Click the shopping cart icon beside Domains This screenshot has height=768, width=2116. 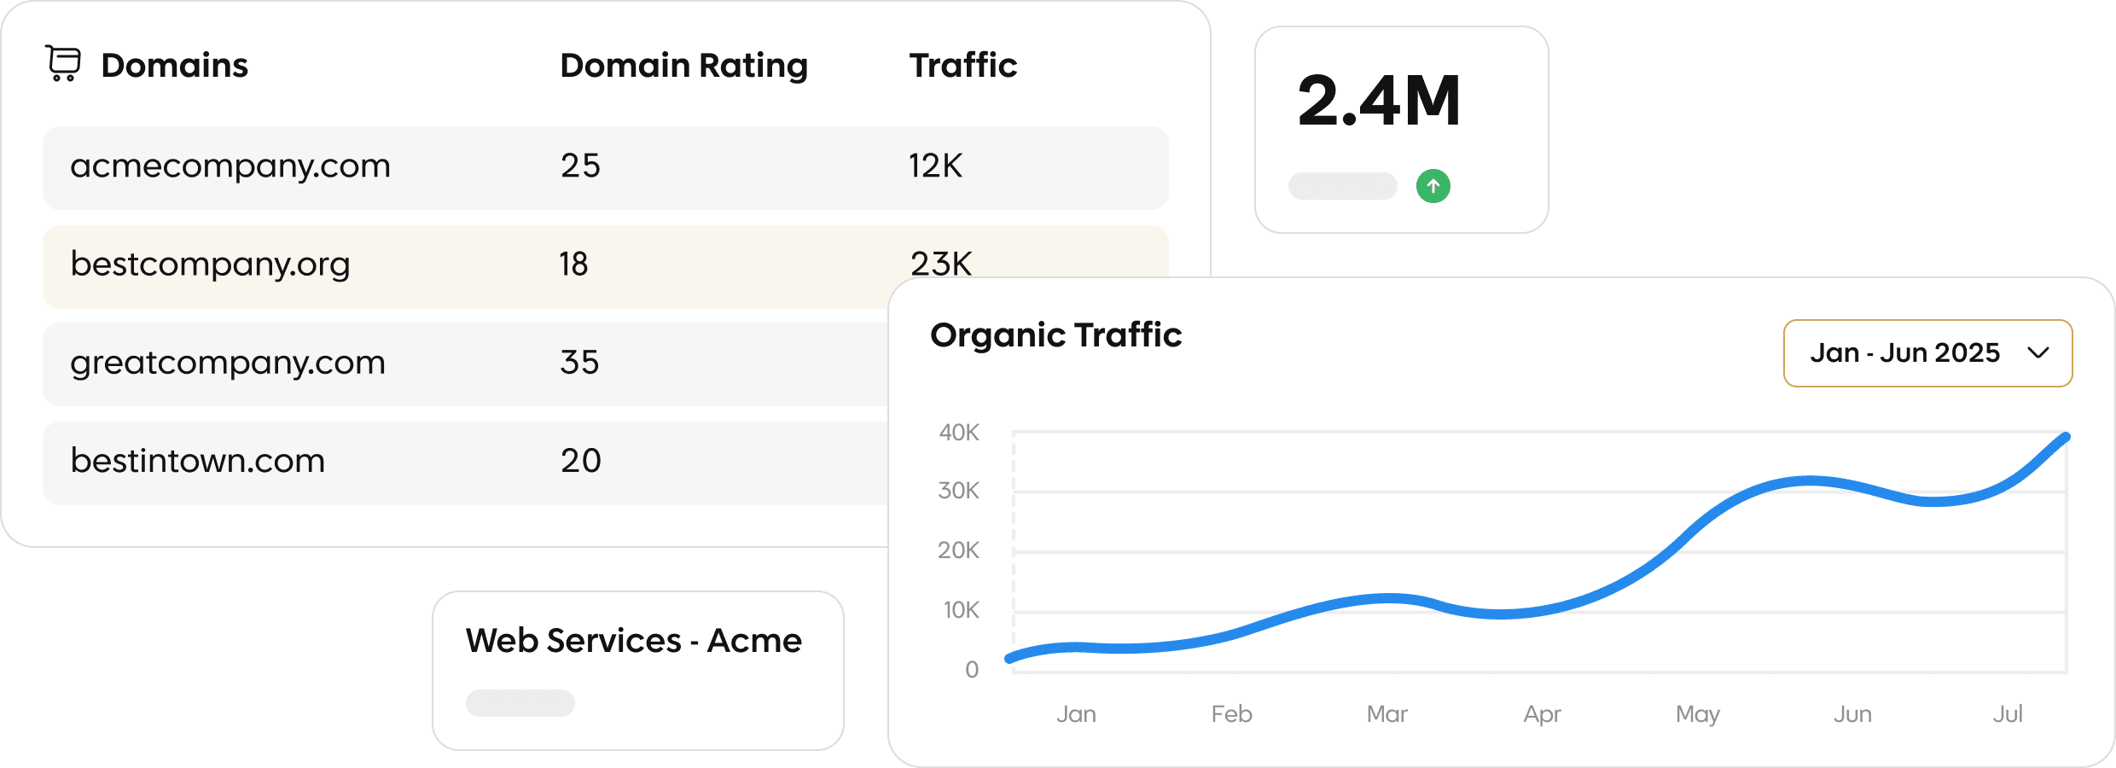coord(63,64)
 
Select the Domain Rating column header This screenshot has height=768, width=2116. coord(683,66)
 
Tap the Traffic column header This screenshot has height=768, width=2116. coord(962,66)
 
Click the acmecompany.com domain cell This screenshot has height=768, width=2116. coord(230,166)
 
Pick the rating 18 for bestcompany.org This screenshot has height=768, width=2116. coord(573,265)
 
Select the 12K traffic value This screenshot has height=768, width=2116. coord(935,166)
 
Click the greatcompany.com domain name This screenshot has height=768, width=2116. coord(228,363)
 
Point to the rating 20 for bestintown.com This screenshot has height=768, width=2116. coord(580,461)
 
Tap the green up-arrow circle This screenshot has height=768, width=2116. coord(1433,186)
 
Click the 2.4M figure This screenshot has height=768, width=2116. coord(1379,101)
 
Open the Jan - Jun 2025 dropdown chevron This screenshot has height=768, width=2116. coord(2038,353)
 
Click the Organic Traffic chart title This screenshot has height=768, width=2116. coord(1055,335)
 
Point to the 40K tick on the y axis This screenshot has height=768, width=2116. coord(959,433)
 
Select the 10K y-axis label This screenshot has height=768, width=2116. coord(961,610)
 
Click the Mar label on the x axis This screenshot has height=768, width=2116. coord(1386,713)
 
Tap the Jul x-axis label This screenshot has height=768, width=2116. coord(2008,713)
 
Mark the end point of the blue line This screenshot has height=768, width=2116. coord(2066,437)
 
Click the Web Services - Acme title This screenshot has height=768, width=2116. coord(633,641)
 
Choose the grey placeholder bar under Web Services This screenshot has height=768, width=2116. coord(520,703)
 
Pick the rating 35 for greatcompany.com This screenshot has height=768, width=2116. coord(579,363)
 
